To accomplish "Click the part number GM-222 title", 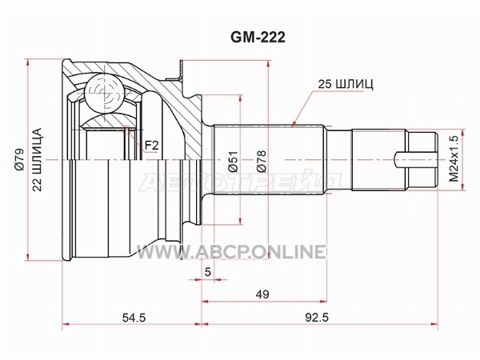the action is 258,38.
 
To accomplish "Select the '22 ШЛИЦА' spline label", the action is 37,160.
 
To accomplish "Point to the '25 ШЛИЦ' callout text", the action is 346,84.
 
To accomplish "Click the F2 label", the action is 151,146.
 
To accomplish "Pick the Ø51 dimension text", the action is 233,162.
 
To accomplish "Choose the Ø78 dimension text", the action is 262,162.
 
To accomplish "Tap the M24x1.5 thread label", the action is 454,159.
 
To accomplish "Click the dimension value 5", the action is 208,272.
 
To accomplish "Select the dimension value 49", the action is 262,294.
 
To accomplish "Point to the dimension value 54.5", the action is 134,318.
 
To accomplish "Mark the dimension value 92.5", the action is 317,318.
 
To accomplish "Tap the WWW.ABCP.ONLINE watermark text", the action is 230,252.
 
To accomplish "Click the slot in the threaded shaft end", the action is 415,160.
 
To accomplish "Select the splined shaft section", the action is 269,159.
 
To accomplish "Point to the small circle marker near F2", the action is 127,127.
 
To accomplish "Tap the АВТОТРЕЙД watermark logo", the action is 241,182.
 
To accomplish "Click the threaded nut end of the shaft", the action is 422,160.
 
